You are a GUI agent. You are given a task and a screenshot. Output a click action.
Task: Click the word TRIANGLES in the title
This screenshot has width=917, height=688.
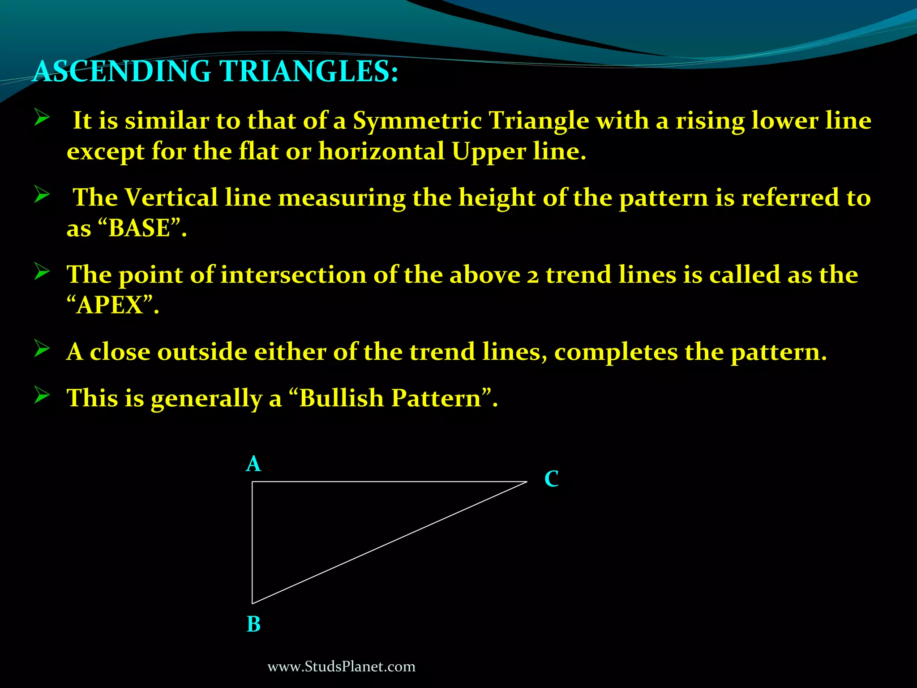(x=309, y=72)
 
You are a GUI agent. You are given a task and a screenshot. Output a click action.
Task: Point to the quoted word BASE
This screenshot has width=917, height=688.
(x=139, y=228)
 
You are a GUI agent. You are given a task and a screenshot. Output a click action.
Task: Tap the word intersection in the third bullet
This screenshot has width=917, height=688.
(x=293, y=275)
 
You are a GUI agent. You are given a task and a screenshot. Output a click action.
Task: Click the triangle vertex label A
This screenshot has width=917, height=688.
(x=253, y=464)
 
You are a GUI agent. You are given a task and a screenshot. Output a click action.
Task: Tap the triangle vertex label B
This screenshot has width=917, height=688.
(x=253, y=624)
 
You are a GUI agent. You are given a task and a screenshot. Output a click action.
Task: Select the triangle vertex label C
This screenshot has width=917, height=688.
(x=551, y=479)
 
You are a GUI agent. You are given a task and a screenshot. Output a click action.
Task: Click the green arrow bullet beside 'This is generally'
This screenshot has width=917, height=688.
(x=42, y=396)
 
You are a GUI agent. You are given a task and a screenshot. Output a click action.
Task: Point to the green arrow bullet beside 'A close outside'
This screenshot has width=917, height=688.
(x=42, y=349)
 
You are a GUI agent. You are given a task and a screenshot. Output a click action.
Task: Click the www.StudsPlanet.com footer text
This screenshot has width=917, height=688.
(x=341, y=666)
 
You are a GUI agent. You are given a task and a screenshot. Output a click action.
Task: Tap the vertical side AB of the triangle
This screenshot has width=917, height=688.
(x=252, y=542)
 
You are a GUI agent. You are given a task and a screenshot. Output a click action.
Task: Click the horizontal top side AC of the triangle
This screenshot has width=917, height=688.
(x=390, y=482)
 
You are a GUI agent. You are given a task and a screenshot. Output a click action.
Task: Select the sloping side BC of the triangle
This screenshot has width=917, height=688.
(x=390, y=542)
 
